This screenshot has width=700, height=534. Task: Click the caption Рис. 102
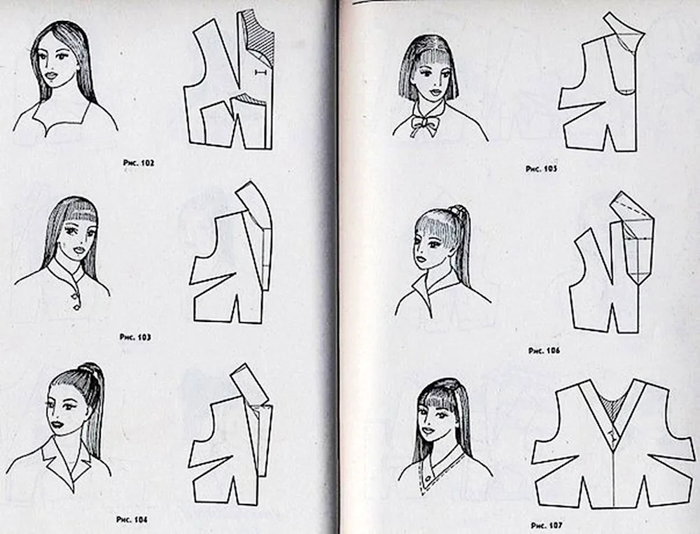[x=139, y=163]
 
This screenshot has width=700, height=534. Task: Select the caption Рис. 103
[x=135, y=337]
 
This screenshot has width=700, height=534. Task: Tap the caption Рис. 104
[x=132, y=520]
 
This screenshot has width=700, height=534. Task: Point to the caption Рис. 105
[x=542, y=169]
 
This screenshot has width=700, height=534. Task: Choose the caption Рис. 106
[x=544, y=351]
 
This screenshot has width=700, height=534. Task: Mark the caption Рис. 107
[x=547, y=526]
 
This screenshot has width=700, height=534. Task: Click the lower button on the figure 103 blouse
[x=76, y=307]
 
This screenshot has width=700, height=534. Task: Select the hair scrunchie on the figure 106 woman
[x=456, y=210]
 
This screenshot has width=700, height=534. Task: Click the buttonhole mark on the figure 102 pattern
[x=260, y=72]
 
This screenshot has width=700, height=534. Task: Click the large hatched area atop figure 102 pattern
[x=260, y=38]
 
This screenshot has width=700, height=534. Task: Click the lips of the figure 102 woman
[x=52, y=76]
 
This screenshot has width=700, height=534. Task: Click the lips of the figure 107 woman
[x=428, y=431]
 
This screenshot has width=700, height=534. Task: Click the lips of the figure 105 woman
[x=433, y=94]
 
